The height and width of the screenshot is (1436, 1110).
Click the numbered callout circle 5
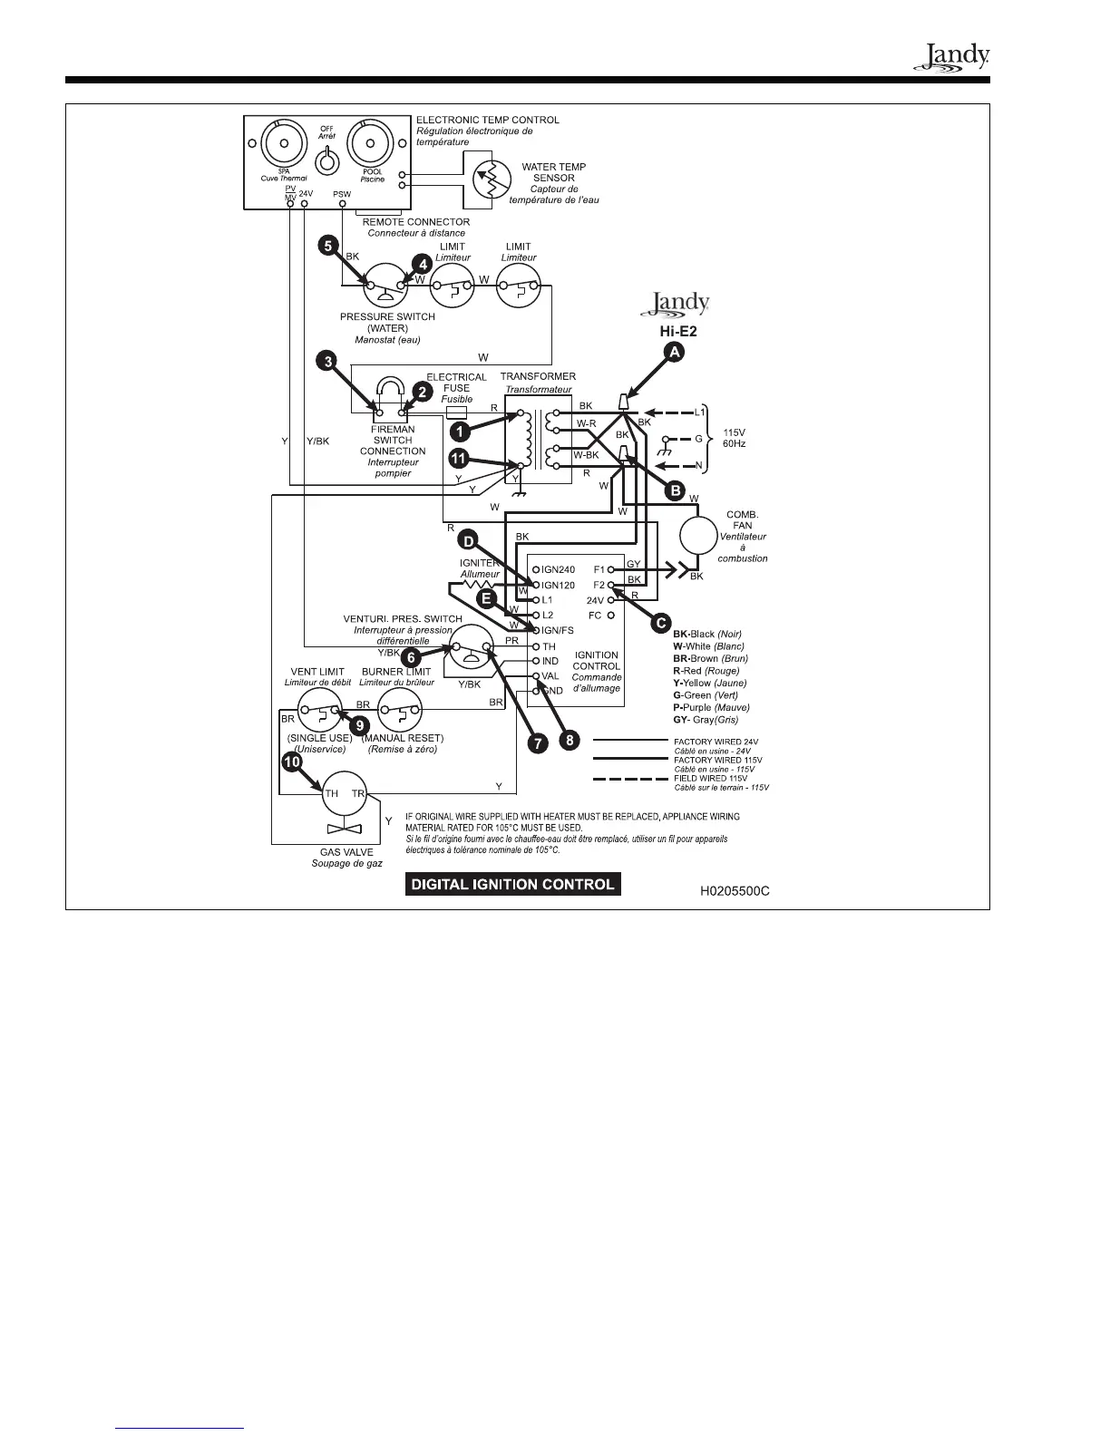[328, 245]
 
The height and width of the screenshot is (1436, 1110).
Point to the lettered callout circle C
[661, 625]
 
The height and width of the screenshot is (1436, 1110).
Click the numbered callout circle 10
[292, 762]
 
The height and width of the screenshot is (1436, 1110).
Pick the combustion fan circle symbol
[700, 535]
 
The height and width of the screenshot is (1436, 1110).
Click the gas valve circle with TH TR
[345, 794]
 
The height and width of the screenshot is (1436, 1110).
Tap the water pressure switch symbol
[385, 289]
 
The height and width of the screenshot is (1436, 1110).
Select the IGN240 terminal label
[558, 570]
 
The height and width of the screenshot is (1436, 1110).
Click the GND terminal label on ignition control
[552, 691]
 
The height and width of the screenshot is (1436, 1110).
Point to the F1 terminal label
[599, 570]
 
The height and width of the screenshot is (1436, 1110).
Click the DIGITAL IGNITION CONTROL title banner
[513, 884]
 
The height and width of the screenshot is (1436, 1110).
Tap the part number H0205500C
[735, 891]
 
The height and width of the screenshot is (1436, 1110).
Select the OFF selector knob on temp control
[326, 162]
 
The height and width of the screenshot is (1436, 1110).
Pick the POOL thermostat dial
[372, 145]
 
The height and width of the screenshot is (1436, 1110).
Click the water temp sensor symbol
[487, 179]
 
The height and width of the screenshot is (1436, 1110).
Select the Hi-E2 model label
[677, 332]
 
